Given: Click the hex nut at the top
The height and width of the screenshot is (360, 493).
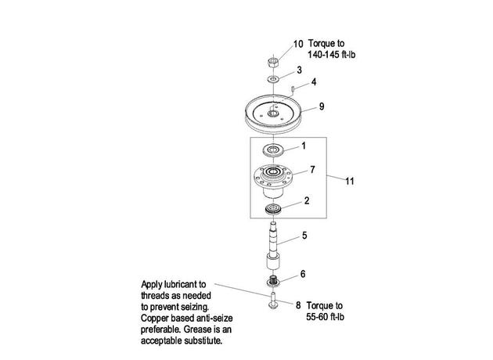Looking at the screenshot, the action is point(272,62).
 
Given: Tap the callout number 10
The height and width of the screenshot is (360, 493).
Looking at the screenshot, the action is point(298,44).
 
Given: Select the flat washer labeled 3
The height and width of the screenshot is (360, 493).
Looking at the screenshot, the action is point(273,78).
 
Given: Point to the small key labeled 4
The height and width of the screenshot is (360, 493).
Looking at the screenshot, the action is point(293,88).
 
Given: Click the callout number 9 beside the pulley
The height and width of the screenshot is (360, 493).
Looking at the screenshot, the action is point(322,106).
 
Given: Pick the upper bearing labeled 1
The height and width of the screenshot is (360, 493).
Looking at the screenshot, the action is point(274,149).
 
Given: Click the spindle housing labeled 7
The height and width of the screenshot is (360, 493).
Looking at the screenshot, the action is point(273,181).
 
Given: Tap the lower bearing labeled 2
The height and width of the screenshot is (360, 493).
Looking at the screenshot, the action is point(272,209).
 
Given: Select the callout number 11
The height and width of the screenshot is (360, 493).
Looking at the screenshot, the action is point(350,181).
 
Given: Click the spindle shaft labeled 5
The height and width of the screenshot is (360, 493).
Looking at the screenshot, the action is point(273,246).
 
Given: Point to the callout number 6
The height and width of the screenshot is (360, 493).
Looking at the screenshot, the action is point(303,274).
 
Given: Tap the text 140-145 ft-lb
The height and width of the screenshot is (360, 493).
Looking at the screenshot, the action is point(331,55).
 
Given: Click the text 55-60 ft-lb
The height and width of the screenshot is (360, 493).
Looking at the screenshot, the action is point(325,317).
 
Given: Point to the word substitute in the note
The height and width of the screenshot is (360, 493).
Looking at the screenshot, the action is point(203,340).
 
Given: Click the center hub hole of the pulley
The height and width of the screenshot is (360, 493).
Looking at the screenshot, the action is point(273,113).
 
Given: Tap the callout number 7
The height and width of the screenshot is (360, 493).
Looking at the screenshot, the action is point(312,170).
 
